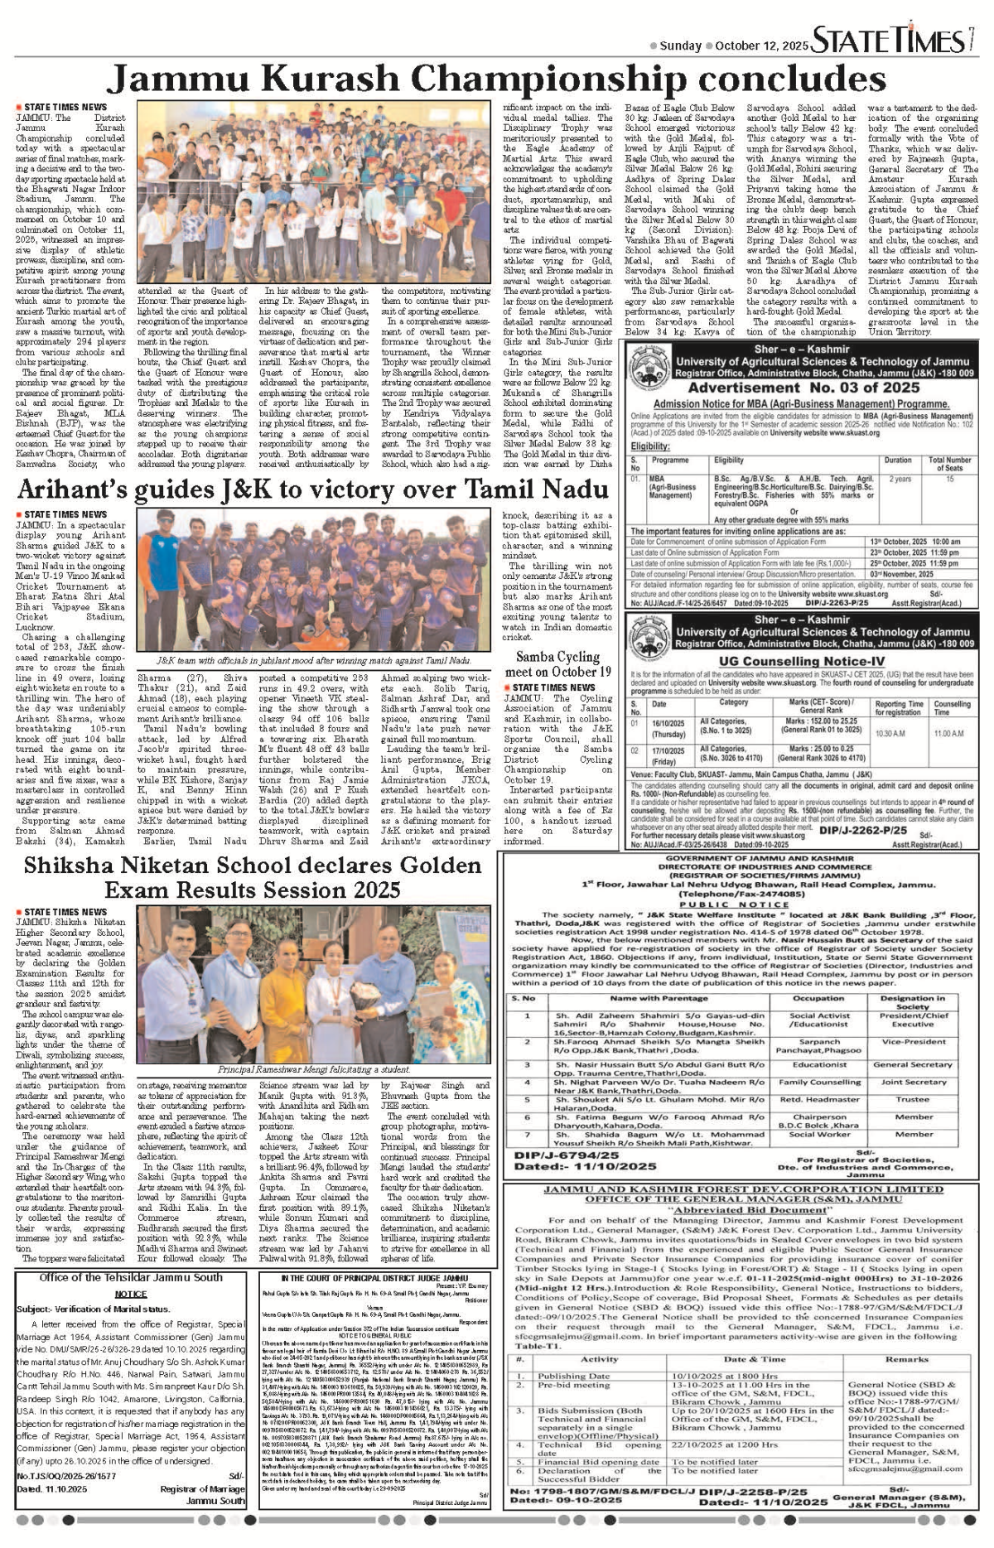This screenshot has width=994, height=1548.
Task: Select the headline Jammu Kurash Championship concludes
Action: tap(496, 80)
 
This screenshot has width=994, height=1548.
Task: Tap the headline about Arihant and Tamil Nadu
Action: tap(313, 490)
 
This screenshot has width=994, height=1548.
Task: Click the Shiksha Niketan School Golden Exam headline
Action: tap(252, 877)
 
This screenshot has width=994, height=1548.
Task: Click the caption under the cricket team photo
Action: tap(314, 660)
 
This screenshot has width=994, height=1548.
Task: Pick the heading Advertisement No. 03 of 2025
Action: tap(803, 388)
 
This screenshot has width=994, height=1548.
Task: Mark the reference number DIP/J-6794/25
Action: tap(566, 1155)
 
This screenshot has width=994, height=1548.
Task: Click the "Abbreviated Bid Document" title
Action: tap(739, 1209)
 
